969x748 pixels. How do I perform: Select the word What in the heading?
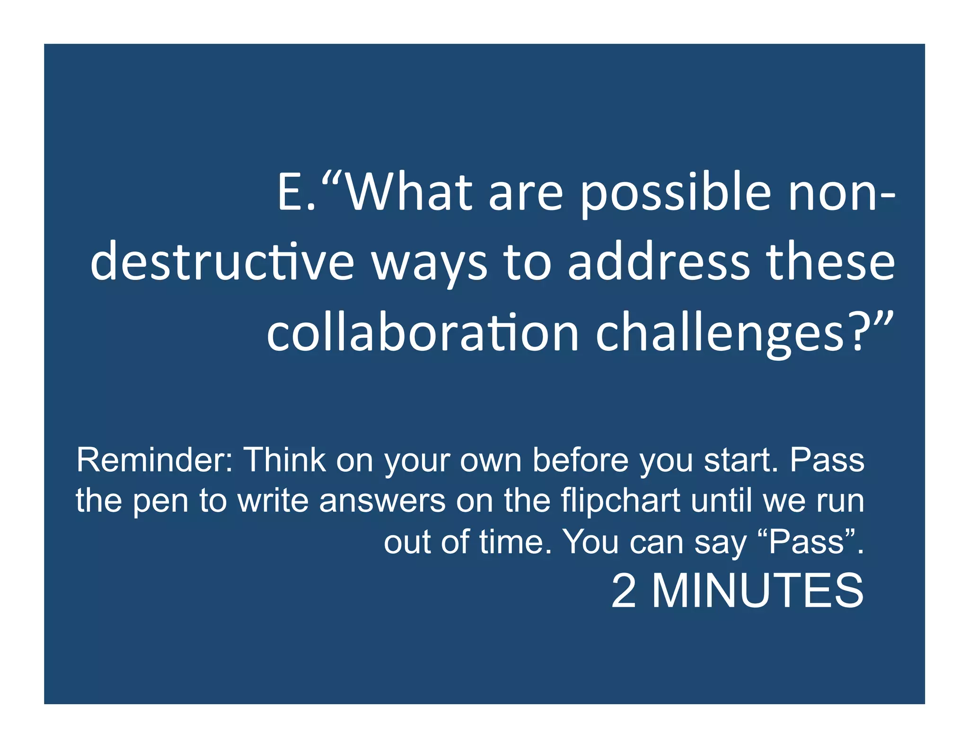[x=409, y=191]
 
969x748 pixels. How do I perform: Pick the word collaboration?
[x=423, y=333]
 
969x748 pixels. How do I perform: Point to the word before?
[x=581, y=460]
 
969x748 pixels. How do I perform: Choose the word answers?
[x=382, y=501]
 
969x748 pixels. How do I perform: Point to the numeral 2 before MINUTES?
[x=623, y=591]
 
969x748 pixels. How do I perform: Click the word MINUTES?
[x=758, y=591]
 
